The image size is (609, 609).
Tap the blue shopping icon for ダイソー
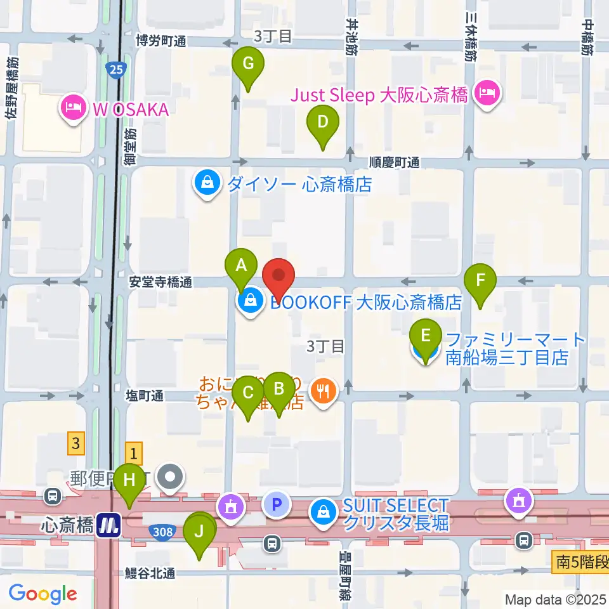(x=207, y=185)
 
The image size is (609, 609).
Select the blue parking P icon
(x=277, y=506)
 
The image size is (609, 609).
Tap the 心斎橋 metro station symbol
(x=110, y=525)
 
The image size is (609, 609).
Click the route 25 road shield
(x=116, y=69)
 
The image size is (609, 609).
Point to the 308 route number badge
(x=162, y=531)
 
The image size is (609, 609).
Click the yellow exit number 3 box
(x=76, y=443)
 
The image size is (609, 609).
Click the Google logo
(x=43, y=594)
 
